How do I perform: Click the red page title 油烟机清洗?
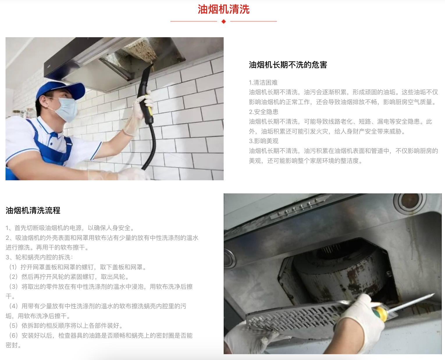[x=224, y=9]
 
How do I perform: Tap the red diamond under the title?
[x=224, y=21]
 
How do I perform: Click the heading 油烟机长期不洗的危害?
[x=288, y=65]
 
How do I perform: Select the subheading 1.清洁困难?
[x=263, y=83]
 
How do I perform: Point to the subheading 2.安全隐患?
[x=264, y=112]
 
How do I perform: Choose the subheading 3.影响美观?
[x=264, y=141]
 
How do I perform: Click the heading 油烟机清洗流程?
[x=33, y=211]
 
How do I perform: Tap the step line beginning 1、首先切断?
[x=70, y=228]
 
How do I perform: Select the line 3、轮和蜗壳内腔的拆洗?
[x=39, y=257]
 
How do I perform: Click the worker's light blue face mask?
[x=67, y=110]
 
